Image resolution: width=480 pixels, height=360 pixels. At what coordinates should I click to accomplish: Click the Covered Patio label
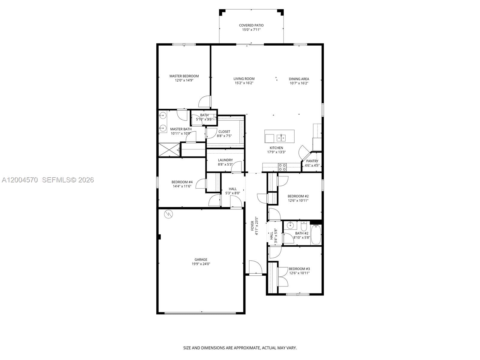coord(251,25)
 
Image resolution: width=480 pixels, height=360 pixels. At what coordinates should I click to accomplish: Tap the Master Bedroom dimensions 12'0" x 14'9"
coord(184,80)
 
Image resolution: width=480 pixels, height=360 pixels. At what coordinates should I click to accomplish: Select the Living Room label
coord(244,79)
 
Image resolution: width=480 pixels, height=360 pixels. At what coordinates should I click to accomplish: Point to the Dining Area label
coord(299,79)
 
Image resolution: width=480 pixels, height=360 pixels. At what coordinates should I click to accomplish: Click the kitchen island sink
coord(281,138)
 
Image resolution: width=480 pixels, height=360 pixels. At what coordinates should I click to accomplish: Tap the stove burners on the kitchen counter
coord(282,167)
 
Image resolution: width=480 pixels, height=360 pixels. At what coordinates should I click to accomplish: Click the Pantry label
coord(312,161)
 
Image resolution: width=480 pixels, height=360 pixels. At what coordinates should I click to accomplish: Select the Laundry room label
coord(225,160)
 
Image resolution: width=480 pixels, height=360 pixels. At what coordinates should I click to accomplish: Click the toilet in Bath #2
coord(304,226)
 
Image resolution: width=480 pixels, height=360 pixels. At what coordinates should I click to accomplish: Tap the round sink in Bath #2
coord(290,225)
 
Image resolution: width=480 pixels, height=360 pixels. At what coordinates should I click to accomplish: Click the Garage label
coord(201,260)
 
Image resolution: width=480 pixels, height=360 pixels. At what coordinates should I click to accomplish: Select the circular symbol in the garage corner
coord(168,214)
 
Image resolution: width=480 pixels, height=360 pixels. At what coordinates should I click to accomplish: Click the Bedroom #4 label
coord(182,182)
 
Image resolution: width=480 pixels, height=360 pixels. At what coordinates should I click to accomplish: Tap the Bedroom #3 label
coord(299,269)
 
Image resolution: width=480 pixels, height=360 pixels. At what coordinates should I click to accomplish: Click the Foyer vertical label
coord(253,226)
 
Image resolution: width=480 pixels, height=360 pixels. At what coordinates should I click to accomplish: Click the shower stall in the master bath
coord(169,150)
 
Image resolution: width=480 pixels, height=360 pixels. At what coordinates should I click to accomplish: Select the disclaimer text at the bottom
coord(240,348)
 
